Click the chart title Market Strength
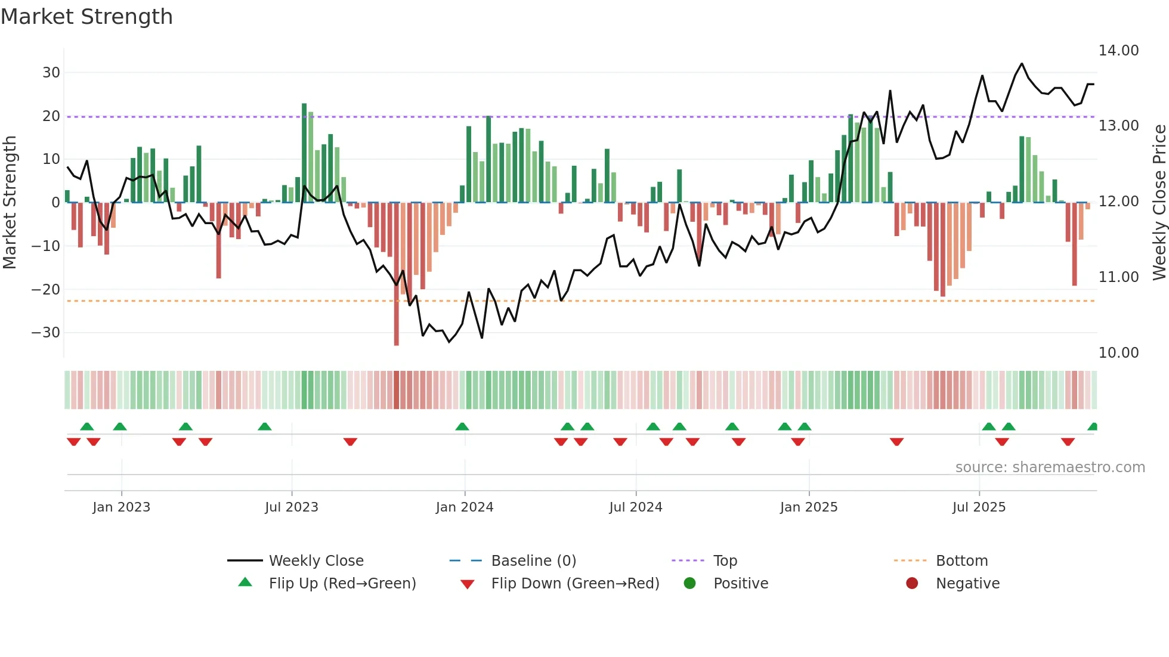point(86,17)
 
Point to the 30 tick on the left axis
point(51,73)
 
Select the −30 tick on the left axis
point(46,333)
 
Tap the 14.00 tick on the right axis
point(1118,51)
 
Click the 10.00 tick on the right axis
point(1118,353)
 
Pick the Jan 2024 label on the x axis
point(464,507)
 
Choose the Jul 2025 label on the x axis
point(979,507)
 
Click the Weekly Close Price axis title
point(1159,203)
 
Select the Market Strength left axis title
point(10,203)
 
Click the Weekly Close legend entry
point(316,561)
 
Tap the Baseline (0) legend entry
point(533,561)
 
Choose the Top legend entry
point(725,561)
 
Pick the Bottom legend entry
point(961,561)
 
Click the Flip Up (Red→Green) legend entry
point(342,584)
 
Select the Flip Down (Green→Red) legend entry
point(575,584)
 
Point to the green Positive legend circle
point(689,584)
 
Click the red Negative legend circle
point(912,584)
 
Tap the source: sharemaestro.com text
point(1050,467)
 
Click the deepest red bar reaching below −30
point(397,274)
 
